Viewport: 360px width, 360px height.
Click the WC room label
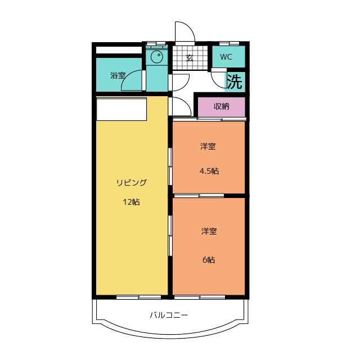(226, 57)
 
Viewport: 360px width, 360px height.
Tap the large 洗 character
(235, 82)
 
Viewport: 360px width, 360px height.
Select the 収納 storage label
(221, 106)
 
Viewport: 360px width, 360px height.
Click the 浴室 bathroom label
(118, 75)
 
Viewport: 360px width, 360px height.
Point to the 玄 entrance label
(190, 58)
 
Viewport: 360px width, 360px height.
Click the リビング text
(131, 182)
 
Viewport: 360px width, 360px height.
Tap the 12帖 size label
(131, 202)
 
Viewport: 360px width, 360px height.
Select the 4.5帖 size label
(209, 171)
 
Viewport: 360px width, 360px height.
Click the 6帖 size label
(209, 260)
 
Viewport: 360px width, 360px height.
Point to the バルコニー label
(169, 315)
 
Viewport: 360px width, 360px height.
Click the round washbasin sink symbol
(157, 56)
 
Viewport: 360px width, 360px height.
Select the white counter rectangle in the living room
(121, 109)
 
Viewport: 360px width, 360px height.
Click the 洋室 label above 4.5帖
(208, 146)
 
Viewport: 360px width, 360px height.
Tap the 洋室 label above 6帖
(209, 231)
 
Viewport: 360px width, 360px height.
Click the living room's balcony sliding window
(139, 298)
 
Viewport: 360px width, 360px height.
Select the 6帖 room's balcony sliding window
(200, 298)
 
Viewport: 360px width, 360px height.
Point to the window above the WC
(229, 43)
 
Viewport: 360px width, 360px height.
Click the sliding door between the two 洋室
(199, 196)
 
